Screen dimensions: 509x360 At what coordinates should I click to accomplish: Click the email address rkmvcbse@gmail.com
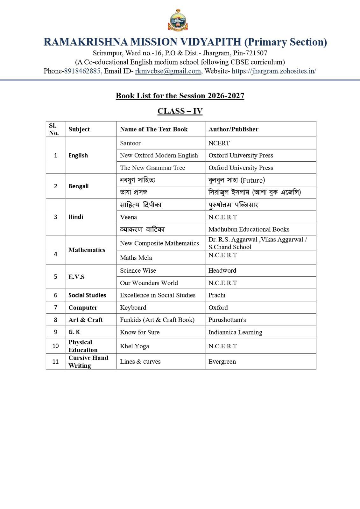pos(168,71)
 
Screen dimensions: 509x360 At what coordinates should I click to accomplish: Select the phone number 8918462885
pos(82,71)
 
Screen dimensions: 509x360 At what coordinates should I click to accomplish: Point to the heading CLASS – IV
pos(180,111)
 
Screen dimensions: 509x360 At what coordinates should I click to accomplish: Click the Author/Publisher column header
pos(233,129)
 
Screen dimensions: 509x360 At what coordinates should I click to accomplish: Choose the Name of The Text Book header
pos(154,129)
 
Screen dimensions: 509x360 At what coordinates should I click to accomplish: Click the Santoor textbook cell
pos(130,143)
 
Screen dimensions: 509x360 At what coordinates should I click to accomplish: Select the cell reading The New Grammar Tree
pos(152,168)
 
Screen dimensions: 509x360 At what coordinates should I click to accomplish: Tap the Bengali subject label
pos(78,186)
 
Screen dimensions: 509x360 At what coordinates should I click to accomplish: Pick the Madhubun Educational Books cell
pos(249,229)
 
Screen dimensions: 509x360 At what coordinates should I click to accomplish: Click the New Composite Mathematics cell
pos(159,243)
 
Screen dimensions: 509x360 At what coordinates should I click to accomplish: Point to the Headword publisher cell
pos(222,270)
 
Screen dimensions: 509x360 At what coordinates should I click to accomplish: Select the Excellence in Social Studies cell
pos(158,295)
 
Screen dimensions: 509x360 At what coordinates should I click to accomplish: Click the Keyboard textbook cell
pos(133,308)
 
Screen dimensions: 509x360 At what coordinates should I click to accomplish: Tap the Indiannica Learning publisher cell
pos(235,332)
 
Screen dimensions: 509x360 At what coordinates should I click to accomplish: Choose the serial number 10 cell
pos(55,346)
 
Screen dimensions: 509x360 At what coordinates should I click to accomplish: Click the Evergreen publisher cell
pos(222,361)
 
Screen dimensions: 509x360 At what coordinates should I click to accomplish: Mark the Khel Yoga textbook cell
pos(134,346)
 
